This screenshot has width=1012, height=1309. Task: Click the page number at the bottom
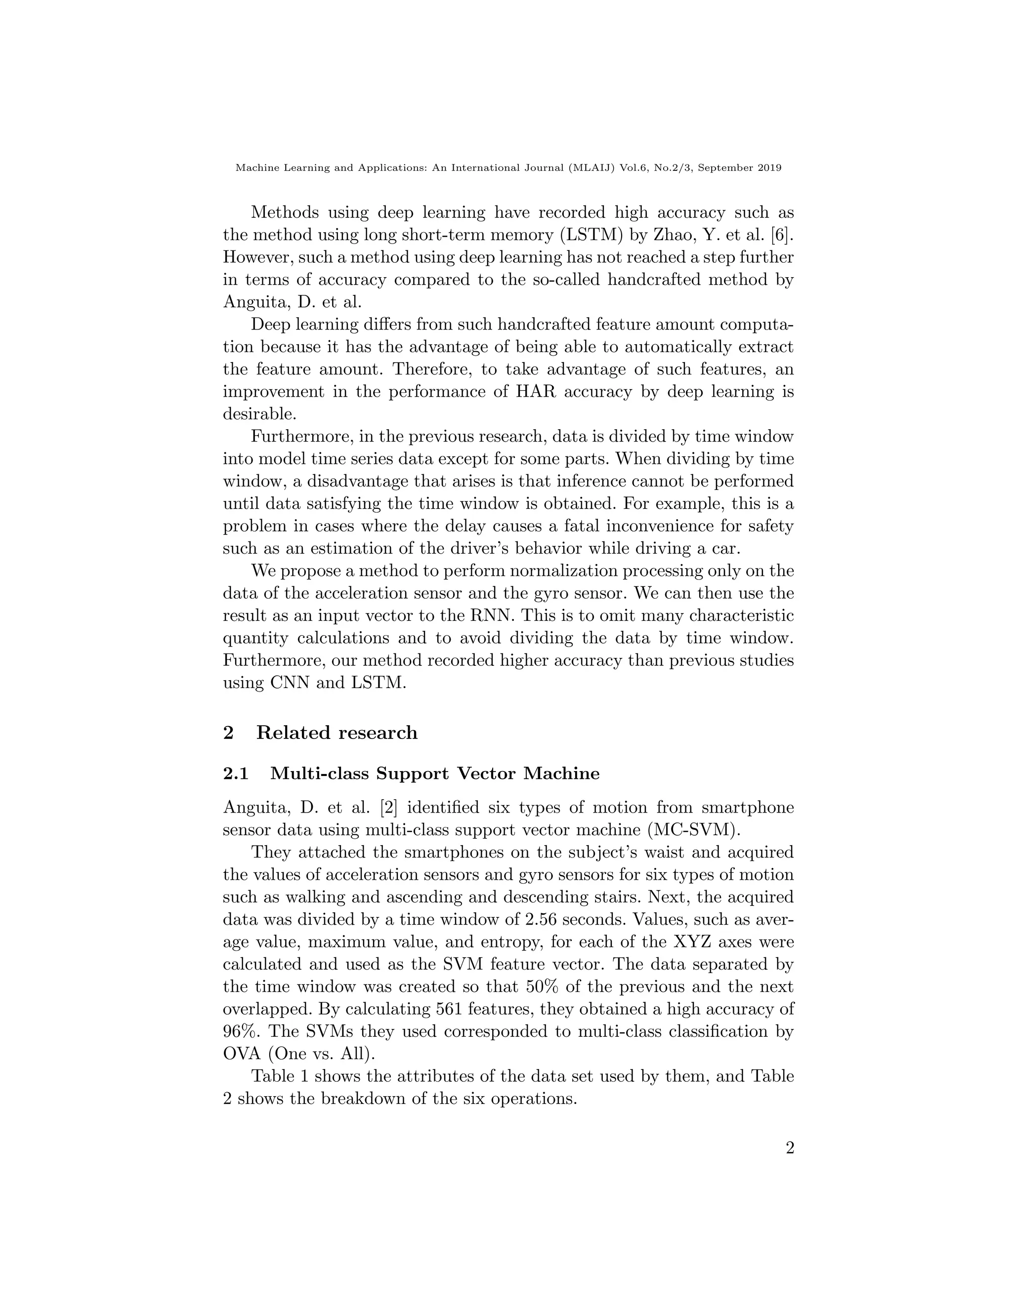point(789,1148)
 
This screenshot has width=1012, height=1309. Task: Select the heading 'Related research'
point(337,733)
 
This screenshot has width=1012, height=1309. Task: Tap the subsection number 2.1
point(236,774)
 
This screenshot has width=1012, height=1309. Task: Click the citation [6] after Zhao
point(782,235)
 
